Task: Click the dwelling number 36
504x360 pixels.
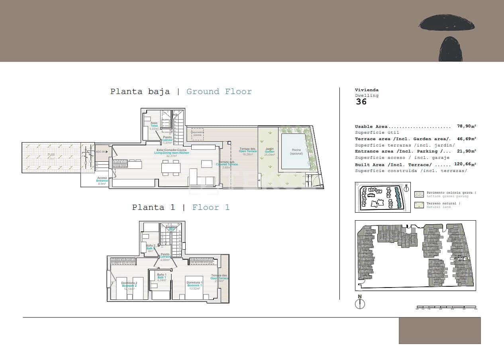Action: point(361,102)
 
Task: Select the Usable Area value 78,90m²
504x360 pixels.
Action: point(466,126)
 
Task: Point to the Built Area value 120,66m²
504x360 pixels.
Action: point(465,164)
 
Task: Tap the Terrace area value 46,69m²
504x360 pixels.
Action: point(466,139)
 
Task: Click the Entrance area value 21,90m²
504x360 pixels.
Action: point(466,151)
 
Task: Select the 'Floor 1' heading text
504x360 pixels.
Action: point(211,207)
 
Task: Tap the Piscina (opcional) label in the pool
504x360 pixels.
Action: point(296,152)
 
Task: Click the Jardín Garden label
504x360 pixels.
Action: point(270,151)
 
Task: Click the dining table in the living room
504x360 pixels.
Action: point(171,168)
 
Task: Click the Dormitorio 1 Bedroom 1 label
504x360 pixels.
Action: point(195,284)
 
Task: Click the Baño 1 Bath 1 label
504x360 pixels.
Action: point(161,276)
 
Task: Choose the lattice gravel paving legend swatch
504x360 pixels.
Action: point(419,194)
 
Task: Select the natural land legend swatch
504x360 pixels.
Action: point(419,205)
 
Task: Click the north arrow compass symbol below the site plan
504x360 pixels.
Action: point(360,303)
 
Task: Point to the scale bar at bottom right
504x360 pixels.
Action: point(446,307)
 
